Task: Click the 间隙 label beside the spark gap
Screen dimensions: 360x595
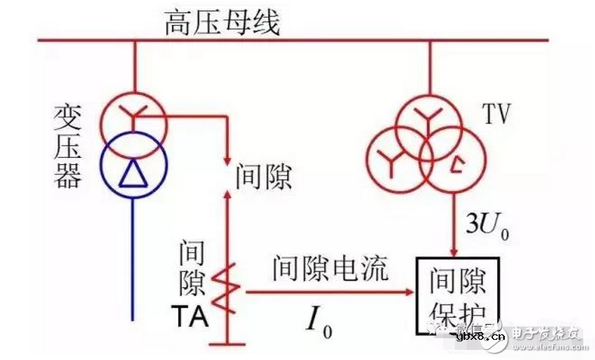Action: pos(264,178)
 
